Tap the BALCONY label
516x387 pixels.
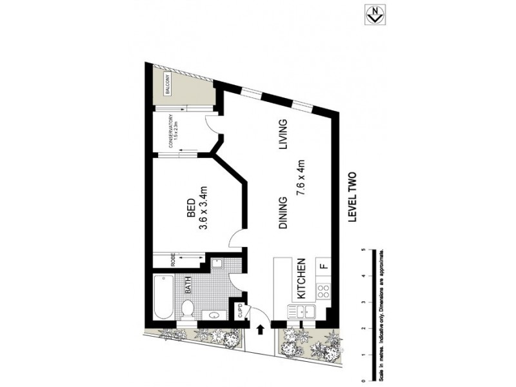point(166,86)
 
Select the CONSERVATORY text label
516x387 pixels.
point(172,131)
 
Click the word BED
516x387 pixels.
point(190,208)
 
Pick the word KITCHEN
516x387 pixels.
point(300,279)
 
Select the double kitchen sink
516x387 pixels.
point(301,312)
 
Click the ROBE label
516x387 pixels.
point(173,260)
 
